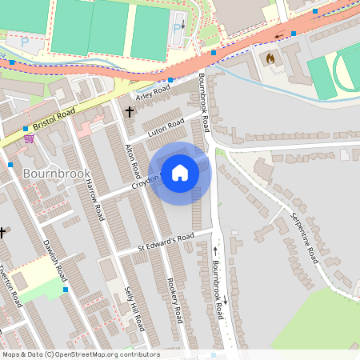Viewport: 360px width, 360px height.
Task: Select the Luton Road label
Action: point(167,126)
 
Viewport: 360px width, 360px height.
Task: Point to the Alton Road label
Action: point(134,160)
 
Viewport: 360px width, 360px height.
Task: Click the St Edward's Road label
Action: point(165,238)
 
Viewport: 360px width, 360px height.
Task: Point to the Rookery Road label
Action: point(179,296)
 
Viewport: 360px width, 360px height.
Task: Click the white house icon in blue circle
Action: point(180,173)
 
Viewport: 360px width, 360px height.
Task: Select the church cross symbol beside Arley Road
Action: point(130,111)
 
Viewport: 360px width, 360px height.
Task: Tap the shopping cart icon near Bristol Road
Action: point(29,138)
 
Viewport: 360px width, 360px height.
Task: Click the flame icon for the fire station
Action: point(270,58)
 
